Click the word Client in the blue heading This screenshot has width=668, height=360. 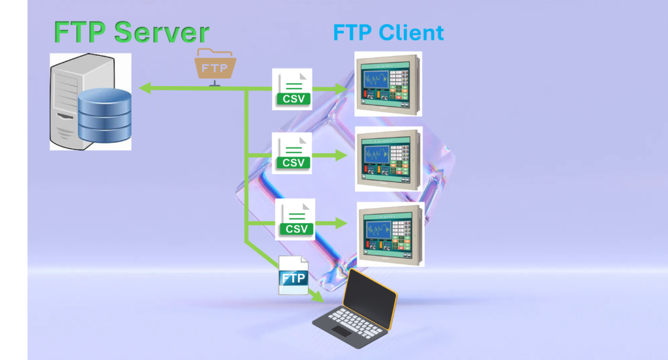410,33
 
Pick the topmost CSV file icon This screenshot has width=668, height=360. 293,89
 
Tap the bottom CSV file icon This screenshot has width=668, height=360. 296,219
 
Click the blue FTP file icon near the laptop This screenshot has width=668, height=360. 293,275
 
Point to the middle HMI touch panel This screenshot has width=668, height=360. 388,159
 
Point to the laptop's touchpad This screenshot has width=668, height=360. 340,331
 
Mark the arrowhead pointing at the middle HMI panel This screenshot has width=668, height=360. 343,156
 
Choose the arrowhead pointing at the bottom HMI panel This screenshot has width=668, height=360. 343,223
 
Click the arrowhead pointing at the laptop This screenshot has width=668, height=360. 320,299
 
